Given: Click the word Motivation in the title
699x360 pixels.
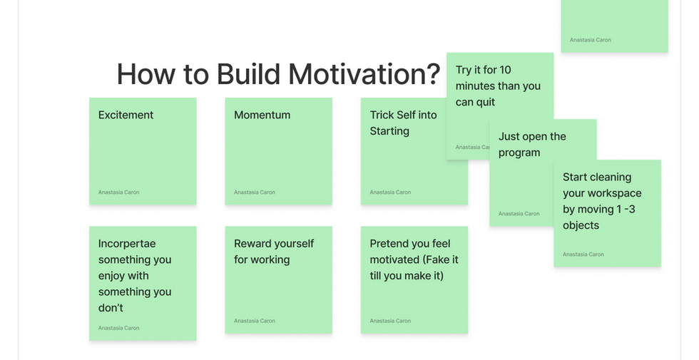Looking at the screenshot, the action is [x=364, y=74].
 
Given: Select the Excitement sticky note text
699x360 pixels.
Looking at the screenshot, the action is [x=126, y=115].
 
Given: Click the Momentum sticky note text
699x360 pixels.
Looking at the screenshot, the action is [x=262, y=115].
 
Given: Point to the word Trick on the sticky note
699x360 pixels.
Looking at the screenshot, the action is [x=382, y=115].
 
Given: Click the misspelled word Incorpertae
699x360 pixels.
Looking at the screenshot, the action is [x=127, y=244].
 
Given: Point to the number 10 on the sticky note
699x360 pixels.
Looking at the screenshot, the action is [x=505, y=70].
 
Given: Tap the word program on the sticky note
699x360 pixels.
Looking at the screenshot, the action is [x=519, y=153].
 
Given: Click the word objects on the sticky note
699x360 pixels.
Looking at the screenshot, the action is [x=581, y=225].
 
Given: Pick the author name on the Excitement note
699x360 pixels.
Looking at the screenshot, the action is [x=118, y=192].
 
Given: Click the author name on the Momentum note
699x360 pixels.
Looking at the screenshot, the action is [x=255, y=192].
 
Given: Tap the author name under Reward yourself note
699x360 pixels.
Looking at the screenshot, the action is [x=255, y=321].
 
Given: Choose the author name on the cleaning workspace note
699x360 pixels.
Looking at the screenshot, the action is [x=583, y=254].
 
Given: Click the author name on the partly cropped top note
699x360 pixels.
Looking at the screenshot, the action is [x=591, y=40].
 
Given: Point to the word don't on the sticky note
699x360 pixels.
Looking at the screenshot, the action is [x=111, y=308].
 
